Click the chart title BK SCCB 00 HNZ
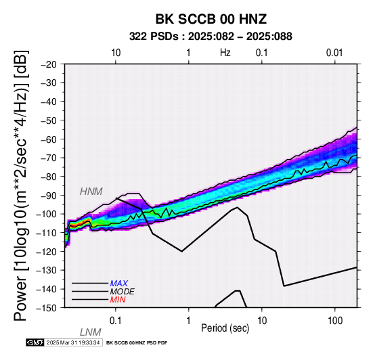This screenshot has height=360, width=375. (x=211, y=19)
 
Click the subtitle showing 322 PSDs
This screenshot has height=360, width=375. (x=211, y=37)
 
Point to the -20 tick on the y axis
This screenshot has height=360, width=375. (x=49, y=64)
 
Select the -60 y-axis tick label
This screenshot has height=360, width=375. (x=49, y=139)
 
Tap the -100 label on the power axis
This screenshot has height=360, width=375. (x=47, y=214)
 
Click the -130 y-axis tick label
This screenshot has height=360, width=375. (x=47, y=270)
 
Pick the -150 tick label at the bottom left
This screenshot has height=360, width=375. (x=47, y=308)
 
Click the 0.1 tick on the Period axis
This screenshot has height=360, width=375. (x=116, y=321)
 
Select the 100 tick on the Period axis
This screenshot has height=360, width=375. (x=335, y=321)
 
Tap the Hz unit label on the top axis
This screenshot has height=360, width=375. (x=225, y=53)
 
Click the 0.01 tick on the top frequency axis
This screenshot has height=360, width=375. (x=334, y=53)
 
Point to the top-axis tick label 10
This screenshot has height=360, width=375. (x=116, y=53)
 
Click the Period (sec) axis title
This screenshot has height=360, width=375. (x=225, y=328)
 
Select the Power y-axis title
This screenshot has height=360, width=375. (x=20, y=185)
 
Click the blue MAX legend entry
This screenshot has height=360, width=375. (x=119, y=284)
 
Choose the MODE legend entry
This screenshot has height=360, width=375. (x=123, y=292)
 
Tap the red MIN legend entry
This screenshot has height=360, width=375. (x=118, y=300)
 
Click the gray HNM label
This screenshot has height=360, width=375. (x=91, y=192)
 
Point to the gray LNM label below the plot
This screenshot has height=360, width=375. (x=91, y=332)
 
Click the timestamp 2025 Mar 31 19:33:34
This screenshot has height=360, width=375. (x=73, y=342)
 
